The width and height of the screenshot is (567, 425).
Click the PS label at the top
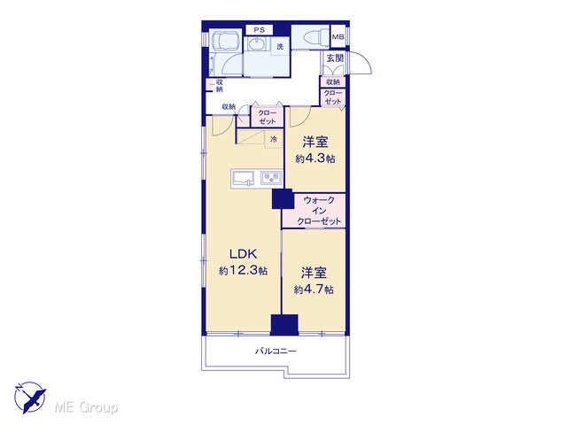pyautogui.click(x=259, y=30)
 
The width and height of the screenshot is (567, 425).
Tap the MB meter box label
pyautogui.click(x=338, y=37)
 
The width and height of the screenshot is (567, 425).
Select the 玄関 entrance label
pyautogui.click(x=335, y=58)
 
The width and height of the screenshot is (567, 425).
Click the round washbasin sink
pyautogui.click(x=257, y=45)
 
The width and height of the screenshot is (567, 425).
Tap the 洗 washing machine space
pyautogui.click(x=280, y=47)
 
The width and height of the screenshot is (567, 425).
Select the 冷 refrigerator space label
pyautogui.click(x=274, y=139)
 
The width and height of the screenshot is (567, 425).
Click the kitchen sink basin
pyautogui.click(x=244, y=178)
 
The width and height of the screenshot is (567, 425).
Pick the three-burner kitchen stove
pyautogui.click(x=271, y=178)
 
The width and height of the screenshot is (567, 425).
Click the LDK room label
pyautogui.click(x=244, y=254)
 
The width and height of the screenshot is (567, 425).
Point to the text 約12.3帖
pyautogui.click(x=243, y=270)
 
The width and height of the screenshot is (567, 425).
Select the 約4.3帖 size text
pyautogui.click(x=315, y=158)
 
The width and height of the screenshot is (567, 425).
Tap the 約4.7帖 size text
pyautogui.click(x=314, y=290)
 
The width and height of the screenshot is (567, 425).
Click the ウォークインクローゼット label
pyautogui.click(x=319, y=211)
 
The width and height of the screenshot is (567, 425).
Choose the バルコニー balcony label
pyautogui.click(x=276, y=351)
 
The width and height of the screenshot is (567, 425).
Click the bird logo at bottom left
pyautogui.click(x=29, y=398)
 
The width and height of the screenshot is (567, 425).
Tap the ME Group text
pyautogui.click(x=86, y=408)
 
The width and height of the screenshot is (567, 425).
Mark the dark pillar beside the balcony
pyautogui.click(x=284, y=325)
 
